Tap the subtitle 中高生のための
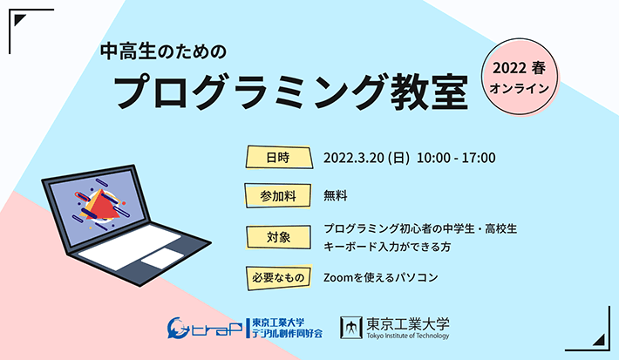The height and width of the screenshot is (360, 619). click(x=163, y=51)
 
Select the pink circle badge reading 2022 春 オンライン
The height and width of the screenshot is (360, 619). click(x=520, y=77)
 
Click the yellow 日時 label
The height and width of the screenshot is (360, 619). click(x=279, y=158)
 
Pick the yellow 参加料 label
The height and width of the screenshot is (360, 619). click(x=278, y=195)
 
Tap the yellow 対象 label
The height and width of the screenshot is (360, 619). click(x=278, y=237)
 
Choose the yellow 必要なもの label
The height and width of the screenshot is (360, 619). click(x=279, y=277)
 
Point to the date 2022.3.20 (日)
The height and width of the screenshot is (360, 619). click(x=366, y=158)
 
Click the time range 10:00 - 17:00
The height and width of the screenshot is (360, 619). click(x=456, y=158)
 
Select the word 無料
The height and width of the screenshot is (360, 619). click(x=336, y=196)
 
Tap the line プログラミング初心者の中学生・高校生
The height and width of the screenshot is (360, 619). click(x=420, y=229)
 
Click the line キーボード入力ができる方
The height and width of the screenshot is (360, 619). click(x=387, y=247)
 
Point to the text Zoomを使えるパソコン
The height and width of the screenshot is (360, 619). click(x=381, y=277)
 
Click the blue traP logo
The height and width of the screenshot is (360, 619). click(x=205, y=328)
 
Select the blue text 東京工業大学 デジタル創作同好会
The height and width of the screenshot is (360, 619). click(x=287, y=328)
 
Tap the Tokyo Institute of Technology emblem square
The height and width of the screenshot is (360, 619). click(x=351, y=328)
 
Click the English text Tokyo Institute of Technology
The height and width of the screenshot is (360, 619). click(x=408, y=336)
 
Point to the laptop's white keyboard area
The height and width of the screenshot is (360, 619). click(x=130, y=247)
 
